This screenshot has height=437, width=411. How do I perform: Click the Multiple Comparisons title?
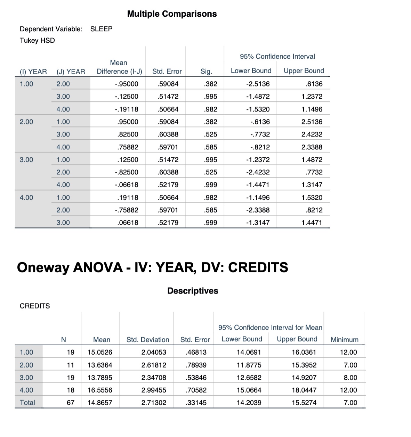point(172,14)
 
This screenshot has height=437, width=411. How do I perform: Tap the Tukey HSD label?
point(37,40)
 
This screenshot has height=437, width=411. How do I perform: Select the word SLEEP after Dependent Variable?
point(101,29)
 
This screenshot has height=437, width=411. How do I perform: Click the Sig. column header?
point(206,72)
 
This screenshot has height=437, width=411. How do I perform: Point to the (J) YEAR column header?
point(71,72)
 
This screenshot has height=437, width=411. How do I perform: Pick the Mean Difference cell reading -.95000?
point(126,84)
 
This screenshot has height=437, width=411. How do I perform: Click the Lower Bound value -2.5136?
point(258,84)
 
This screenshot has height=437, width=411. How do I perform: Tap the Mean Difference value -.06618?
point(126,184)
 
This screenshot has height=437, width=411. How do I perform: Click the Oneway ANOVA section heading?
point(152,267)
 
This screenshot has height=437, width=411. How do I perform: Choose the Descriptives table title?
point(193,291)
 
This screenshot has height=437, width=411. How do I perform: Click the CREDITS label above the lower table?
point(35,306)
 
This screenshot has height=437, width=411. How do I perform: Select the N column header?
point(63,340)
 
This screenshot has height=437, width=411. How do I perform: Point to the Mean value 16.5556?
point(100,390)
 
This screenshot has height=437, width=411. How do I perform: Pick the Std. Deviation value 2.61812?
point(154,365)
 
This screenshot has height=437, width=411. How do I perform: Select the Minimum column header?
point(344,340)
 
